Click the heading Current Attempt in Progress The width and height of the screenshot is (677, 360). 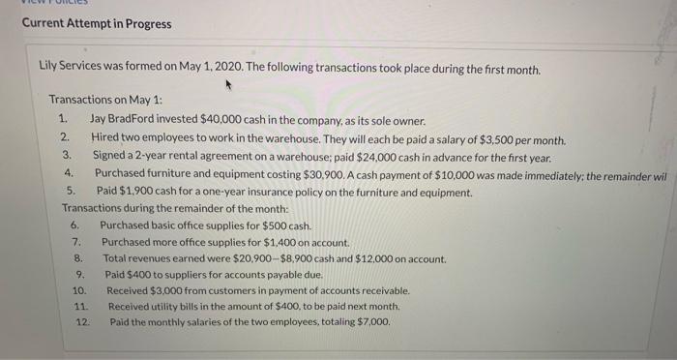point(96,23)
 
